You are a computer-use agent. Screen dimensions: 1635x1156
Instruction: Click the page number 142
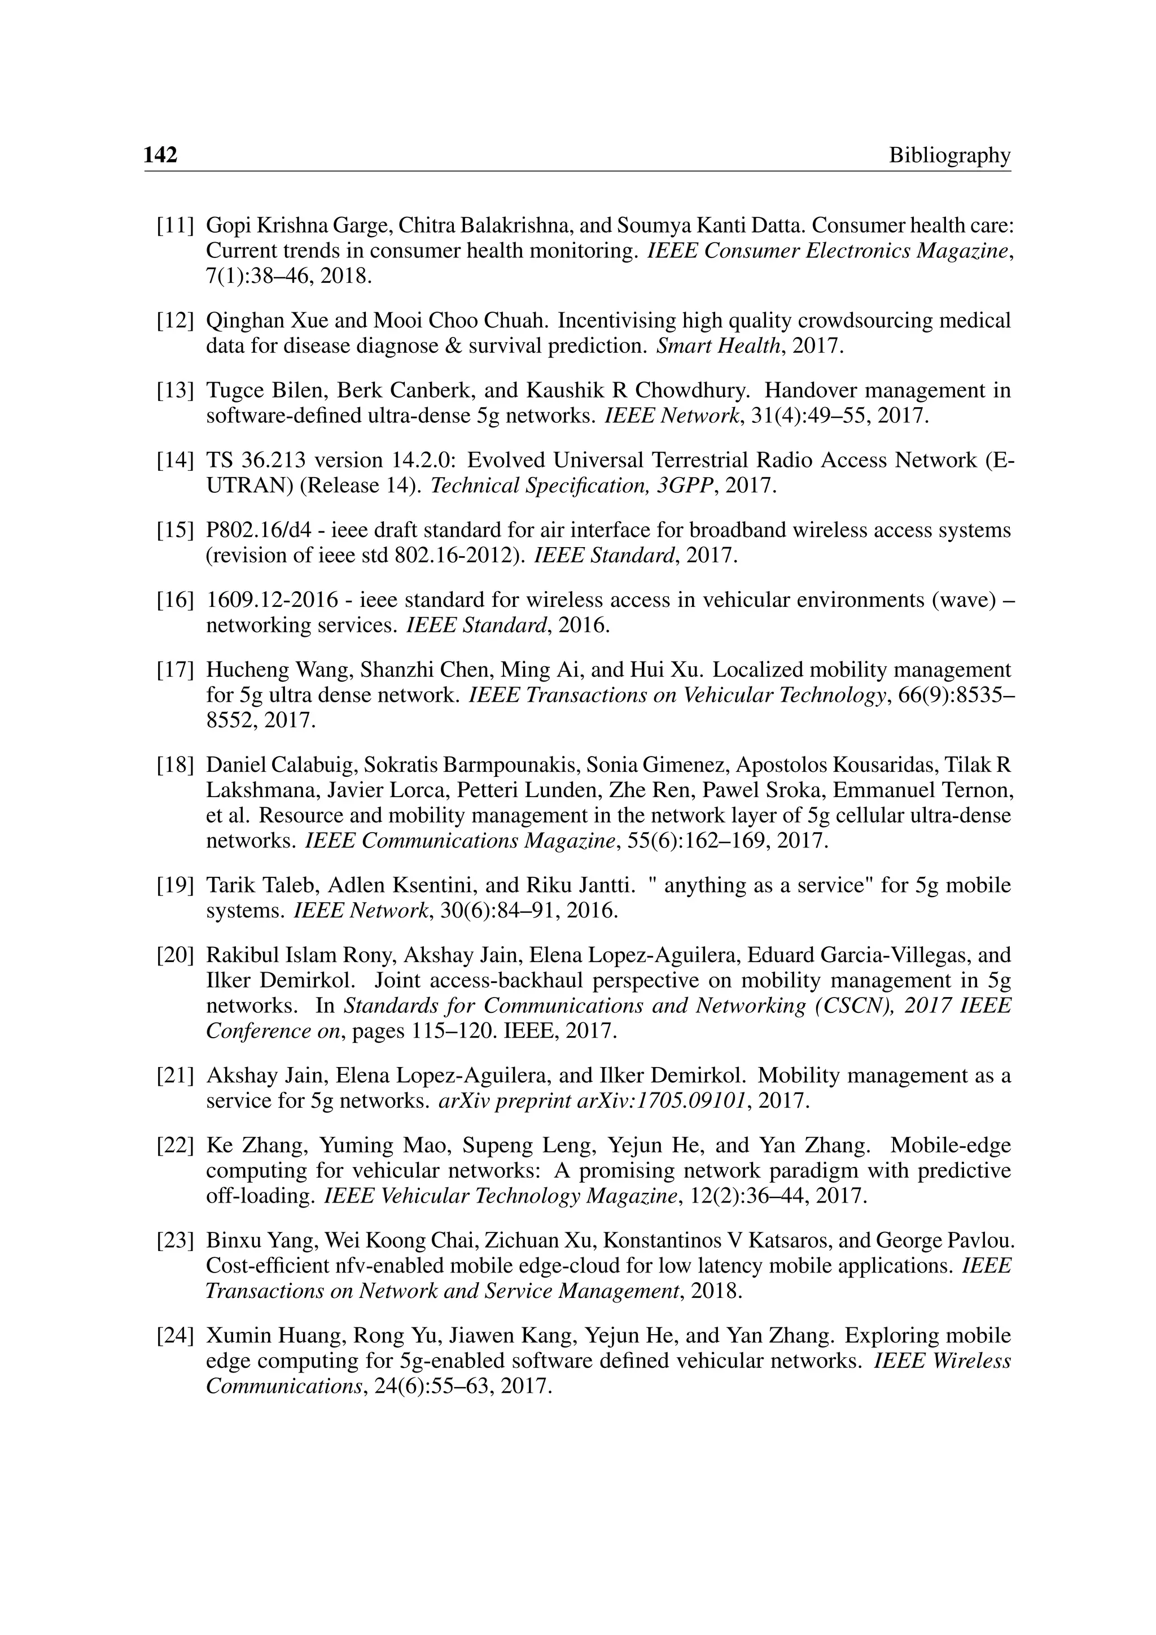click(160, 155)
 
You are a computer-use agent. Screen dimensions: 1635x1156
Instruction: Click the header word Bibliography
click(949, 155)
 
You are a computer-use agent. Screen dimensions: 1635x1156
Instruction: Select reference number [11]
click(175, 226)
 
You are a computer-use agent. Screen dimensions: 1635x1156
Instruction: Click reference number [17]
click(175, 670)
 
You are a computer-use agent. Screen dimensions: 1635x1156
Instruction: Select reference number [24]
click(175, 1335)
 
